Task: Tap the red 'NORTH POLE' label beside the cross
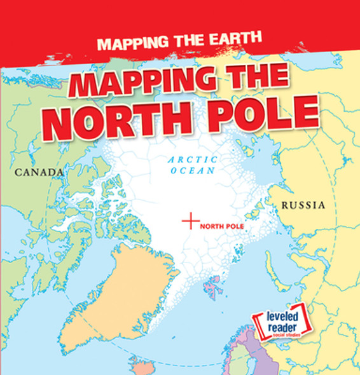pos(222,226)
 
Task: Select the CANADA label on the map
pos(39,172)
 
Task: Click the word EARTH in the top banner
pos(216,45)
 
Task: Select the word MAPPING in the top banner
pos(130,45)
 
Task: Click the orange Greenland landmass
pos(121,292)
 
